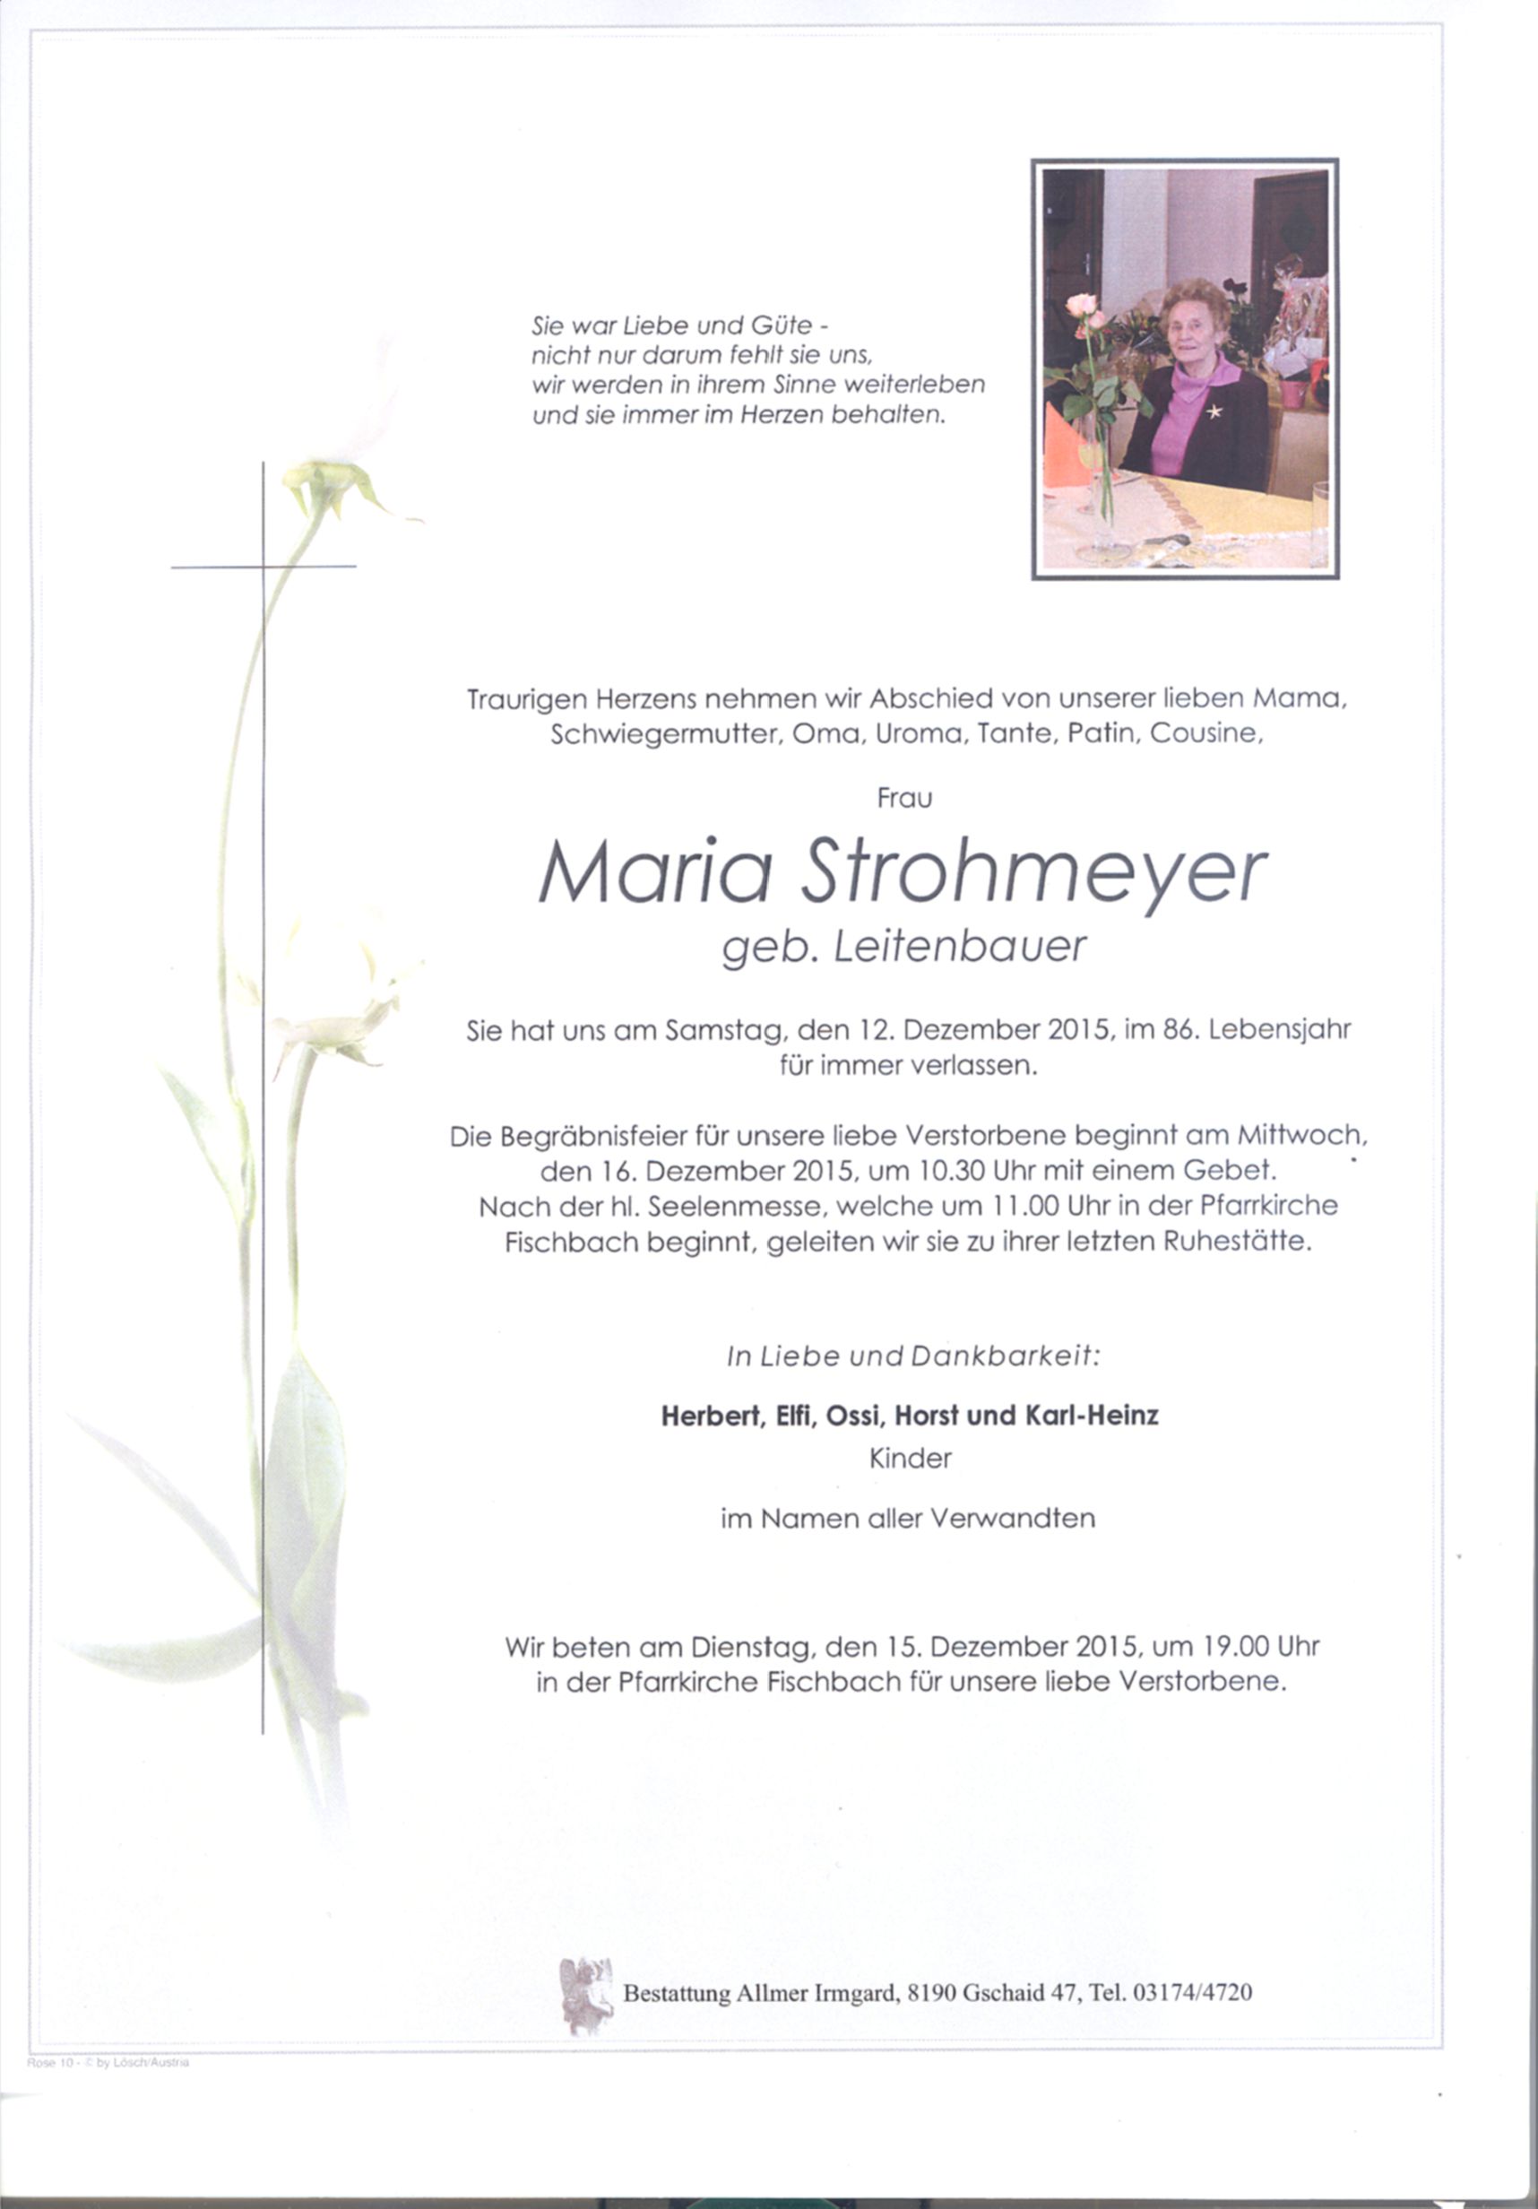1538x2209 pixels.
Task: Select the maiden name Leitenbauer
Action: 959,949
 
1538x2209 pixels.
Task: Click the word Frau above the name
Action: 904,798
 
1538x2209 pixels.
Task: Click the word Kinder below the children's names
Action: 910,1459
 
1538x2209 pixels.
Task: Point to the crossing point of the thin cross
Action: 263,567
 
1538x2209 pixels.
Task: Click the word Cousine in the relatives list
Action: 1205,733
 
